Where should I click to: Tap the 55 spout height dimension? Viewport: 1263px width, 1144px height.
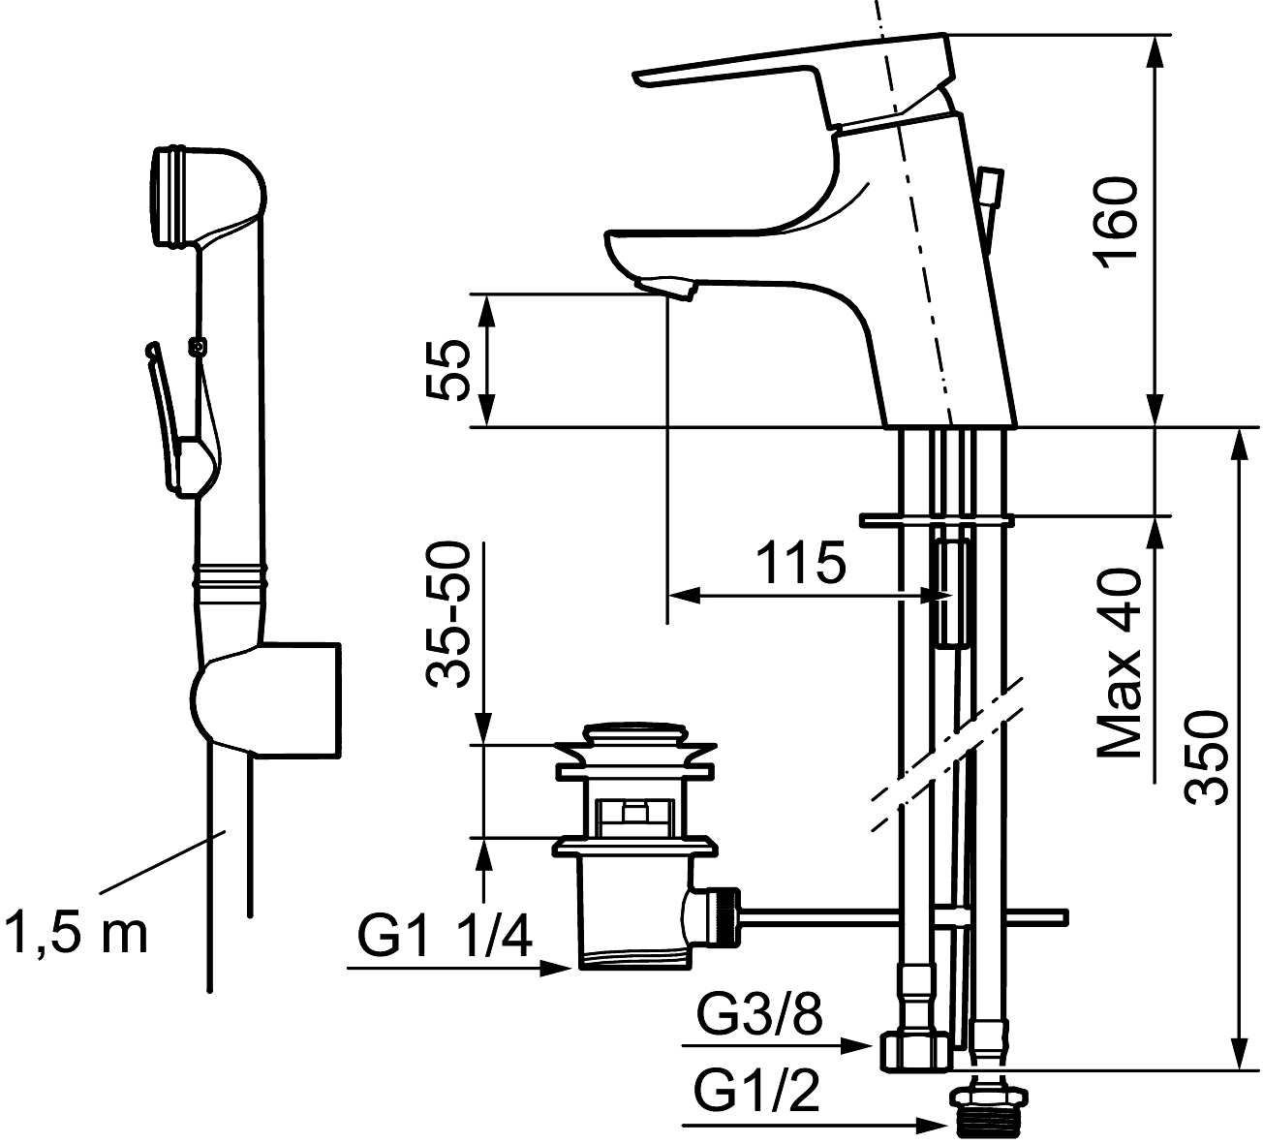(x=447, y=369)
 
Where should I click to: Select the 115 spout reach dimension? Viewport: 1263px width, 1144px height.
(x=800, y=564)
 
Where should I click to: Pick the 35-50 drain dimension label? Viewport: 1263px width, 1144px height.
(x=448, y=615)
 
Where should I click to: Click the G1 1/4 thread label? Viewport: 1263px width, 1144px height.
(x=445, y=937)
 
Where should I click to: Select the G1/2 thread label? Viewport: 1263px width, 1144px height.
(x=757, y=1095)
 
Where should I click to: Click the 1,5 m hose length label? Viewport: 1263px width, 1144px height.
(x=76, y=933)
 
